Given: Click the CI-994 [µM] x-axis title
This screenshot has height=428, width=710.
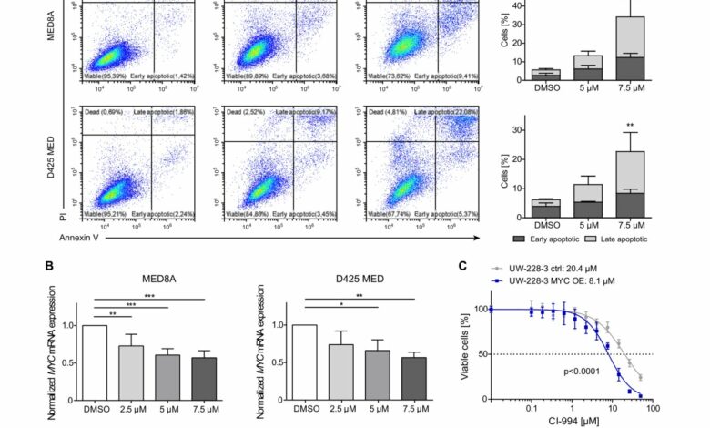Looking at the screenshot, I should tap(571, 420).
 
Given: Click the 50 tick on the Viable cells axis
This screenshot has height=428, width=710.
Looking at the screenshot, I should tap(478, 352).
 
